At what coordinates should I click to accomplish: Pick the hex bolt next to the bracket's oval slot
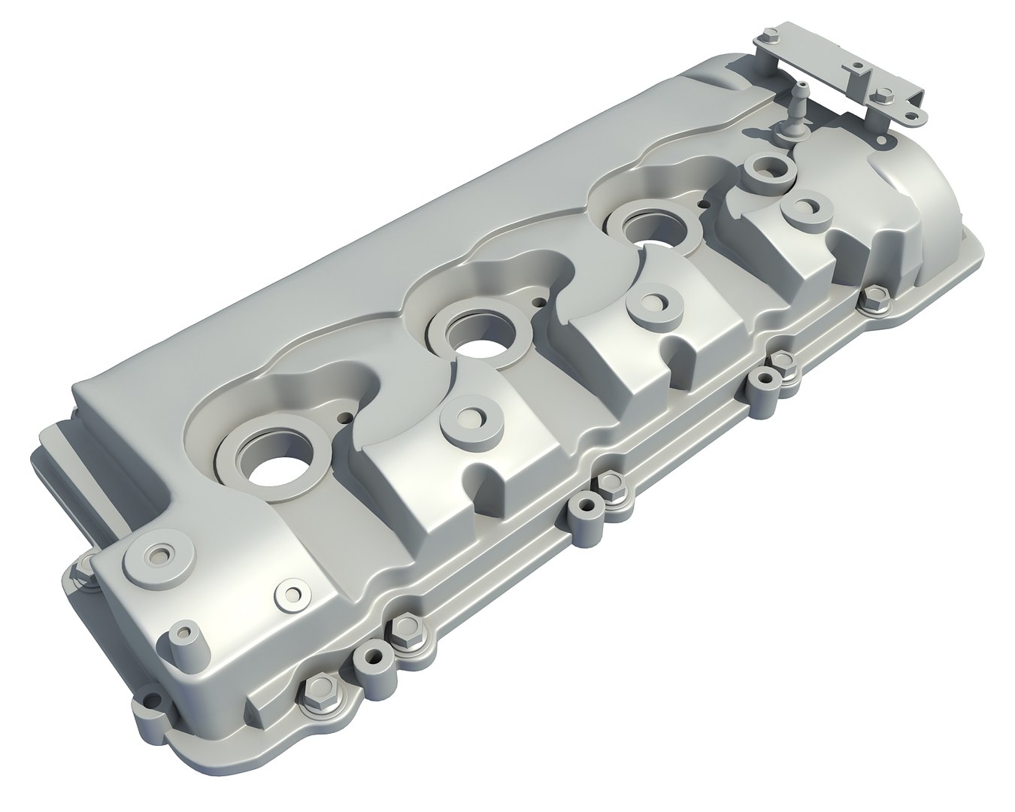[883, 95]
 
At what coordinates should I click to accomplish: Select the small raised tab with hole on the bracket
[855, 69]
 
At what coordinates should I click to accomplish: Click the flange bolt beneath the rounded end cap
[870, 299]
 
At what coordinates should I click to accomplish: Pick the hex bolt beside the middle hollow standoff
[609, 486]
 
